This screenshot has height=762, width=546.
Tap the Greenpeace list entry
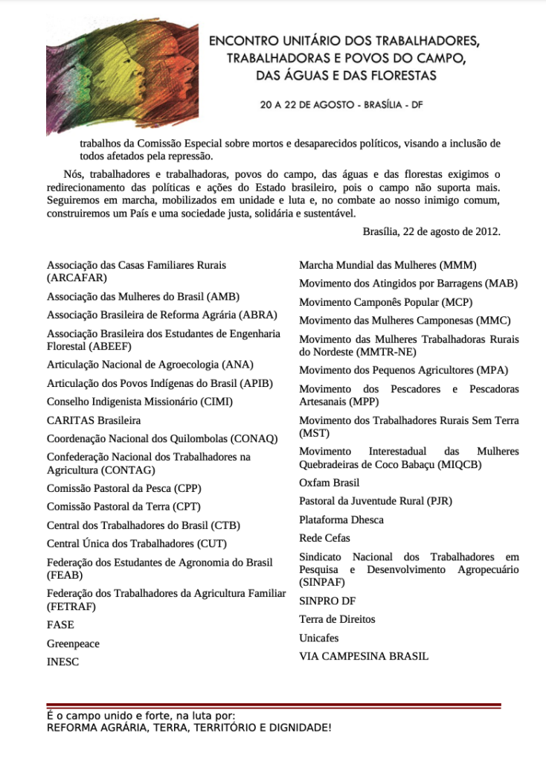[x=73, y=644]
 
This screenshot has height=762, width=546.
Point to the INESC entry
[x=62, y=662]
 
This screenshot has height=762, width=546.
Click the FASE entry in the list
[x=60, y=625]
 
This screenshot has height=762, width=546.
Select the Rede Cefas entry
[x=324, y=538]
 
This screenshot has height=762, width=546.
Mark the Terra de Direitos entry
[x=337, y=619]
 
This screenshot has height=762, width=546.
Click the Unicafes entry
[x=318, y=638]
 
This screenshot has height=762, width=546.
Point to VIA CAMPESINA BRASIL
[x=364, y=656]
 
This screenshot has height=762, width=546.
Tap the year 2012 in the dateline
[x=486, y=231]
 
